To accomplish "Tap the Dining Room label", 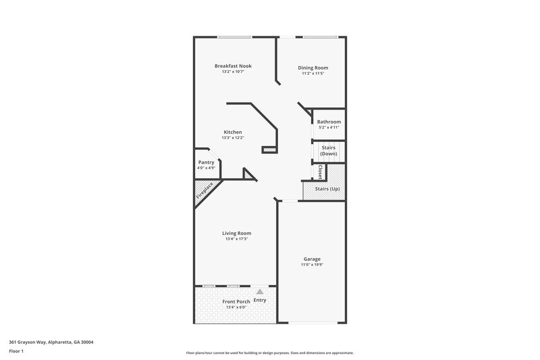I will coord(313,68).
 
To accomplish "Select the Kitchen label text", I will coord(233,132).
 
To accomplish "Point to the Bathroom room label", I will coord(329,122).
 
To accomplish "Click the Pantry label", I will coord(206,162).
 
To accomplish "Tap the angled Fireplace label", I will coord(205,190).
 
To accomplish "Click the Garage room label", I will coord(312,259).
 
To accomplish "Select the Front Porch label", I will coord(236,301).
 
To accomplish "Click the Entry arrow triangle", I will coord(259,291).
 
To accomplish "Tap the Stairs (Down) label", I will coord(328,151).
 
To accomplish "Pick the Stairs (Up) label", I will coord(327,188).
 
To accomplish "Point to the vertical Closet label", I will coord(320,172).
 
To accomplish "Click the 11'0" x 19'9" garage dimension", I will coord(312,265).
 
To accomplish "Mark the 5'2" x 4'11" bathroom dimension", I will coord(329,128).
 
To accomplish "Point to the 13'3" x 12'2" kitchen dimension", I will coord(233,138).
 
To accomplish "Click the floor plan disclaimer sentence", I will coord(270,353).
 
